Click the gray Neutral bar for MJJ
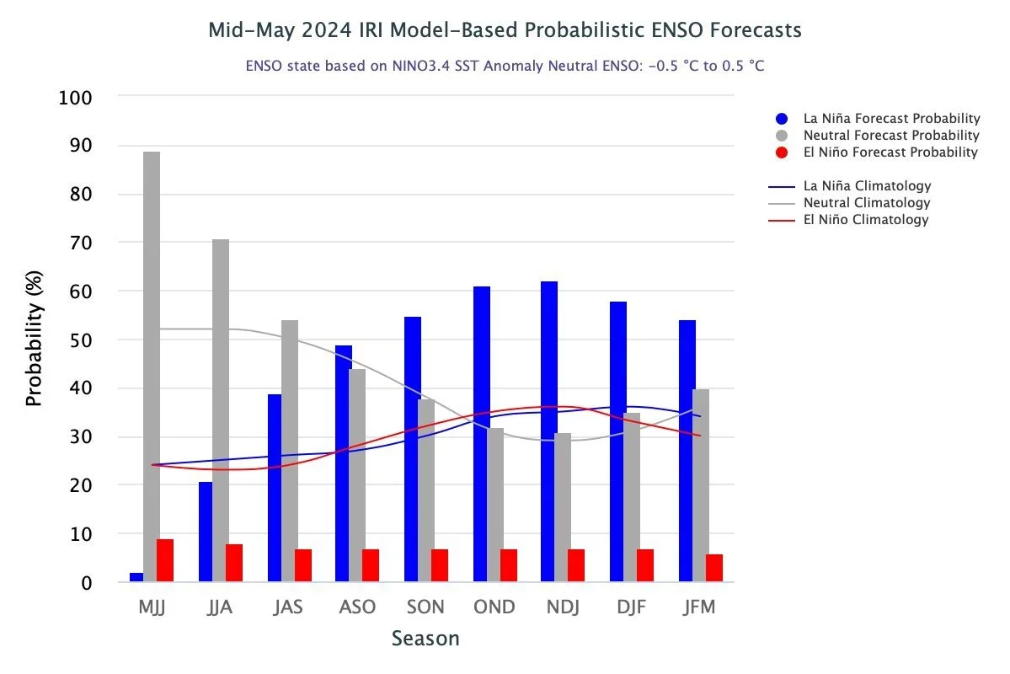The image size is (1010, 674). [152, 366]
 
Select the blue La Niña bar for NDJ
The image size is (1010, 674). [549, 431]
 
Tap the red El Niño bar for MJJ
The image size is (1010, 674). [165, 560]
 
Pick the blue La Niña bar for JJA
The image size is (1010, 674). [206, 532]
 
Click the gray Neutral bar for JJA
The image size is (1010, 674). [220, 410]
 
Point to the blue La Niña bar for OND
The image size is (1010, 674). [481, 434]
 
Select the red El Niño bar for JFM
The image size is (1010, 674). [714, 568]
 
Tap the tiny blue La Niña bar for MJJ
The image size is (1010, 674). [136, 577]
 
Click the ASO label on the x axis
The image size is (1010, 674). [356, 607]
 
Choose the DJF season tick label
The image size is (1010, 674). [630, 607]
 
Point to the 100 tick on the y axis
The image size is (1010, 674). [76, 97]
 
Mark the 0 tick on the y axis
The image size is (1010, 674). [87, 582]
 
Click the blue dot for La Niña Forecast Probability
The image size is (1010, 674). [783, 119]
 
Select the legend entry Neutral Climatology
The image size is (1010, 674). [867, 203]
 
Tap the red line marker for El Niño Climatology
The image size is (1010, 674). [783, 220]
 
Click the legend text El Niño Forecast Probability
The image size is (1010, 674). [890, 152]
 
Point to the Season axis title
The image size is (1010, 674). [425, 639]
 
